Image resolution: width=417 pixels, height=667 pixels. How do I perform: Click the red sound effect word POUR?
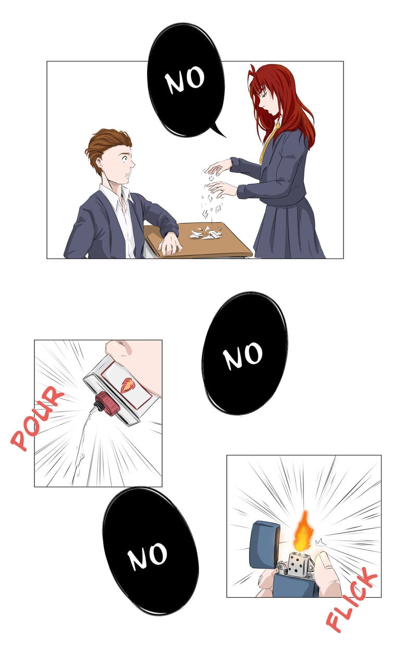pos(37,418)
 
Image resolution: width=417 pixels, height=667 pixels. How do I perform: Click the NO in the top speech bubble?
pos(185,80)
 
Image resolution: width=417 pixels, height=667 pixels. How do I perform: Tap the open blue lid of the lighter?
pos(264,545)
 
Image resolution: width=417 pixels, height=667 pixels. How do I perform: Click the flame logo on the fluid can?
pos(128,385)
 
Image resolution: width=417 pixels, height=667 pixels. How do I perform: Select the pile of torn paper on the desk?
pos(206,233)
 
